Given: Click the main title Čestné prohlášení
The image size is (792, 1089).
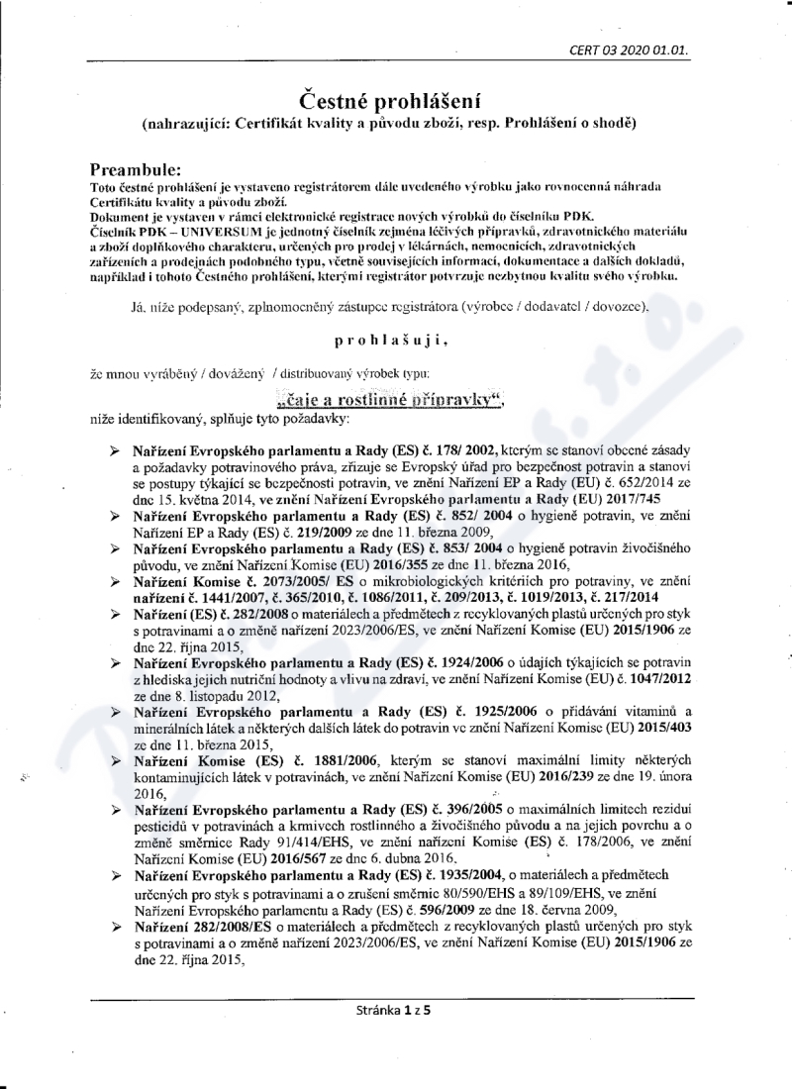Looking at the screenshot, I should [396, 100].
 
